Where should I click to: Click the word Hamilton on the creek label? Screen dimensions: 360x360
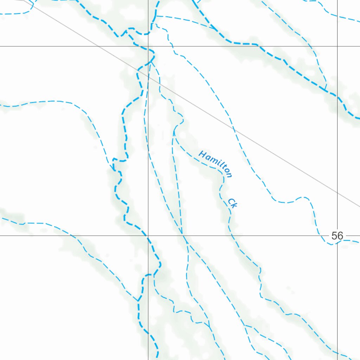pyautogui.click(x=215, y=164)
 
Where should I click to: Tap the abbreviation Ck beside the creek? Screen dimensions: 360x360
pyautogui.click(x=232, y=203)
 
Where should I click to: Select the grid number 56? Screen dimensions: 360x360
pyautogui.click(x=337, y=236)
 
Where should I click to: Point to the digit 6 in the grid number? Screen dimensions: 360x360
pyautogui.click(x=340, y=236)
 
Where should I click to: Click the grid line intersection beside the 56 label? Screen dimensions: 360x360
pyautogui.click(x=337, y=236)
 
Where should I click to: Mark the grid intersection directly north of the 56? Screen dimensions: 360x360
pyautogui.click(x=337, y=46)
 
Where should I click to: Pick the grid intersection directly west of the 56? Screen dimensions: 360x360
pyautogui.click(x=148, y=236)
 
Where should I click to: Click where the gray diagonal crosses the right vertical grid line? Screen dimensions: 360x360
pyautogui.click(x=337, y=192)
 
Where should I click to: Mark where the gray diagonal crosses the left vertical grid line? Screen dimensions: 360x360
pyautogui.click(x=148, y=76)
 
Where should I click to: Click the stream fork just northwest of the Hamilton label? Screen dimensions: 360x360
pyautogui.click(x=174, y=132)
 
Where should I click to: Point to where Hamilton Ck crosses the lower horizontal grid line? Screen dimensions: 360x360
pyautogui.click(x=230, y=236)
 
